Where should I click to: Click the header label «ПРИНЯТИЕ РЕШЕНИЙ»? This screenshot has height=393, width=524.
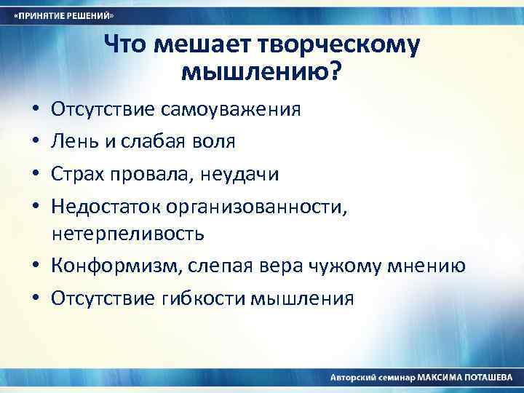(65, 15)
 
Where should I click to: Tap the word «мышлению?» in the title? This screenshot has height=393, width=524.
(261, 72)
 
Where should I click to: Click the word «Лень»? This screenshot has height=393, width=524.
(73, 141)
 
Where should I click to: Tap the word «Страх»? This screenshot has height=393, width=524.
(76, 175)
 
